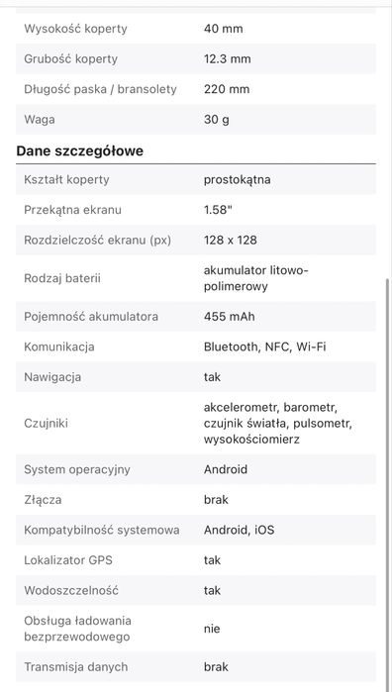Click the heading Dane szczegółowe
click(x=80, y=150)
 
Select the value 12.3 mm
click(x=228, y=58)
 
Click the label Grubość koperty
click(x=70, y=58)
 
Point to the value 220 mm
click(x=227, y=89)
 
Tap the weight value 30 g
click(x=217, y=119)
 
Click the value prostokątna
click(x=237, y=180)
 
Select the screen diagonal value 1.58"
click(x=219, y=210)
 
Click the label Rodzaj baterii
click(x=62, y=278)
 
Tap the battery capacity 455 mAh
click(x=231, y=317)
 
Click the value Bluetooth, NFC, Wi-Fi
click(x=264, y=346)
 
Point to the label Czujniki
click(x=46, y=423)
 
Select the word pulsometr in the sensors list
click(x=323, y=423)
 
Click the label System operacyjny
click(x=77, y=469)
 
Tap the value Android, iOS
click(x=239, y=530)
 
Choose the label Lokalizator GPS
click(x=68, y=560)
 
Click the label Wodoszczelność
click(x=71, y=590)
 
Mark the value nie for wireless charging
click(x=212, y=629)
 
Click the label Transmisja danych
click(x=76, y=667)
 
